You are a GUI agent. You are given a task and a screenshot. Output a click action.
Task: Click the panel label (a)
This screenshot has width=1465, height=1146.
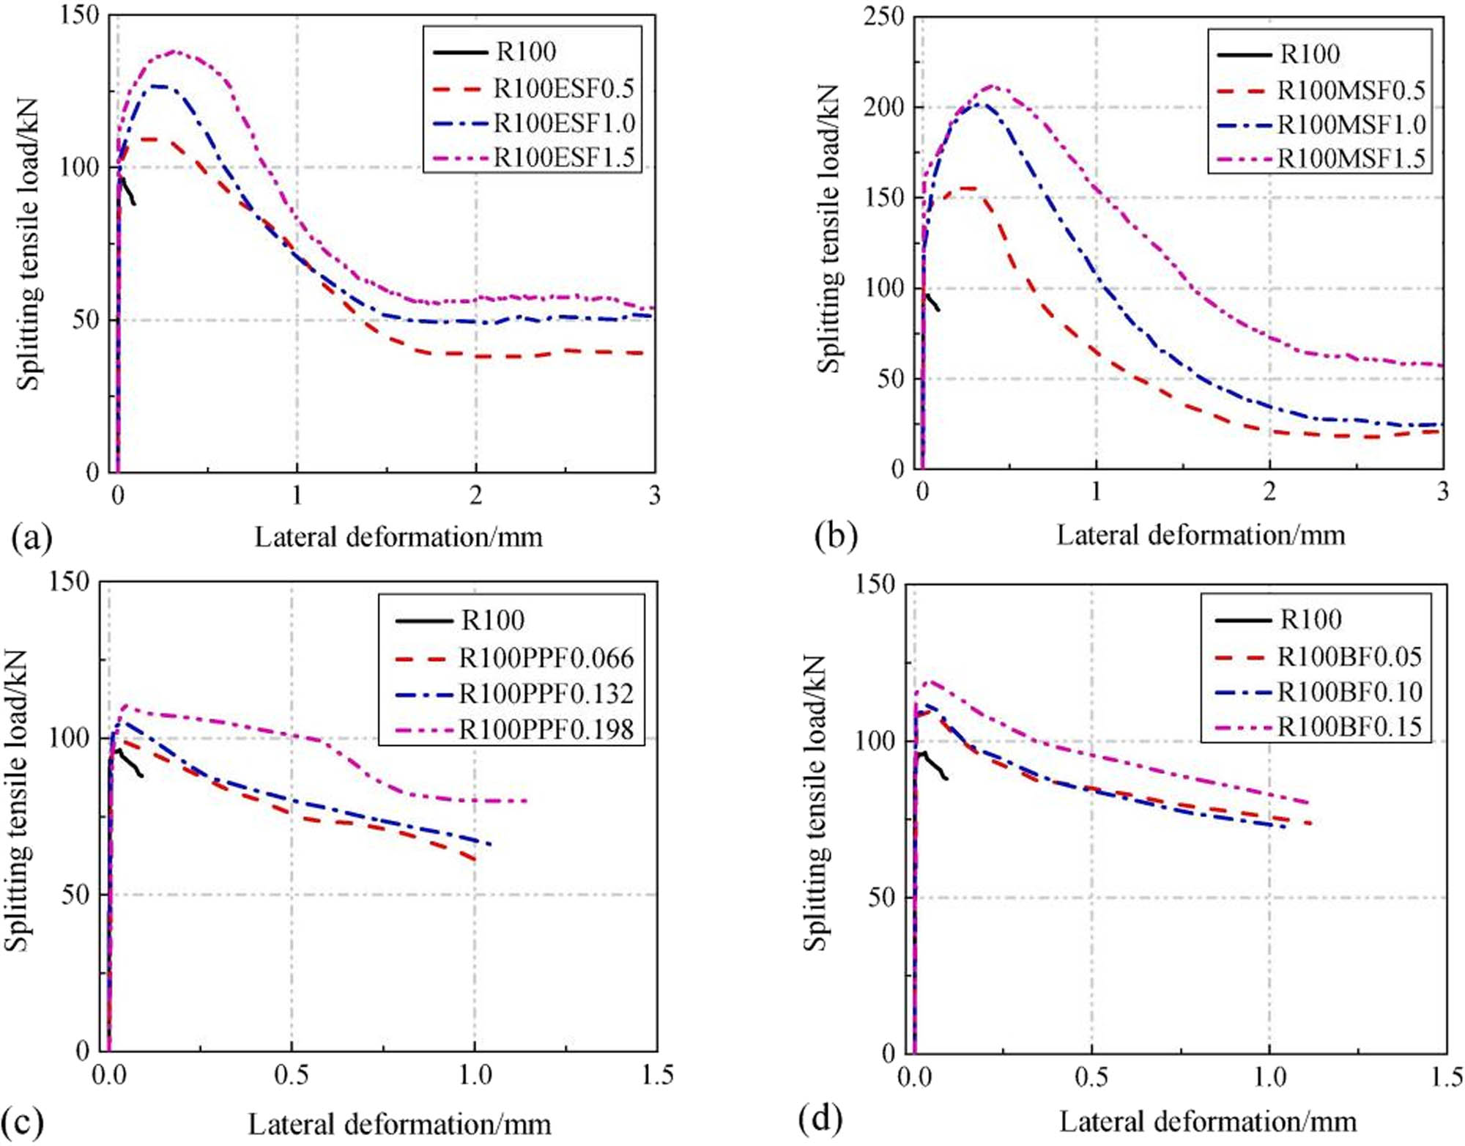31,539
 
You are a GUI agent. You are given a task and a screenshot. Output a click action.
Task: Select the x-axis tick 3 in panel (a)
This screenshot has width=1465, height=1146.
654,496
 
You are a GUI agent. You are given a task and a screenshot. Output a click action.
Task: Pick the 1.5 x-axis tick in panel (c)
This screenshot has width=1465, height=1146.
657,1075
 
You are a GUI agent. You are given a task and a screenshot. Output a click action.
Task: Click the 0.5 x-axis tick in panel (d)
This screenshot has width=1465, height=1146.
1091,1076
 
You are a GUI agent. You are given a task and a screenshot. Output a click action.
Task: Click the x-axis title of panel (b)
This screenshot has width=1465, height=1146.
1200,536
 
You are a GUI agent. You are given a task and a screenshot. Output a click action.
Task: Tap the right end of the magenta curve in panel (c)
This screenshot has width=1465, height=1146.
526,800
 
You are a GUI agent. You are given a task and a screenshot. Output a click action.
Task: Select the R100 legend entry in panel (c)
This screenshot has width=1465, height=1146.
492,621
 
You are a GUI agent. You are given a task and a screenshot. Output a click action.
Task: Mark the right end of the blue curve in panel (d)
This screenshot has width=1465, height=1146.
1285,827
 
